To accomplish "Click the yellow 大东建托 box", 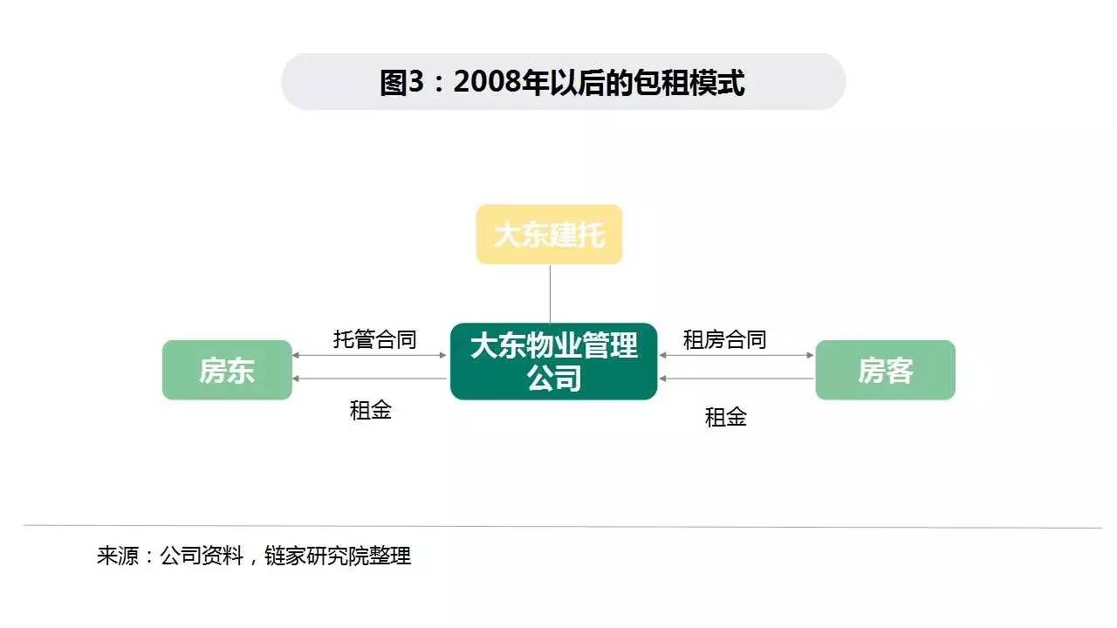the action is (549, 235).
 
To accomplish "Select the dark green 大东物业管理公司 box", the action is (553, 361).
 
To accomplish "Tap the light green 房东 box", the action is (227, 371).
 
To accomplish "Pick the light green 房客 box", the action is (885, 371).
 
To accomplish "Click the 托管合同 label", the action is (375, 339).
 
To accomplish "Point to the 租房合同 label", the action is (724, 339).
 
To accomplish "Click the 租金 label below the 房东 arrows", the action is (371, 410).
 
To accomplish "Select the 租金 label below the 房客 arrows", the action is (726, 417).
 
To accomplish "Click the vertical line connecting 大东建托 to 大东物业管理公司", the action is (550, 293).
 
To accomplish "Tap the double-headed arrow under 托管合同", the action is (371, 355).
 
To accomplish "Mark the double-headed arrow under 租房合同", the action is (737, 355).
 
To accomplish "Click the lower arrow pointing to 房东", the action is (371, 379).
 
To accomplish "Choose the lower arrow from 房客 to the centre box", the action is (737, 379).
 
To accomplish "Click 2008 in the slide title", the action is (485, 83).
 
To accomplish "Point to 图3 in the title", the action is (401, 83).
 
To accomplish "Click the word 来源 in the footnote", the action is (118, 556).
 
